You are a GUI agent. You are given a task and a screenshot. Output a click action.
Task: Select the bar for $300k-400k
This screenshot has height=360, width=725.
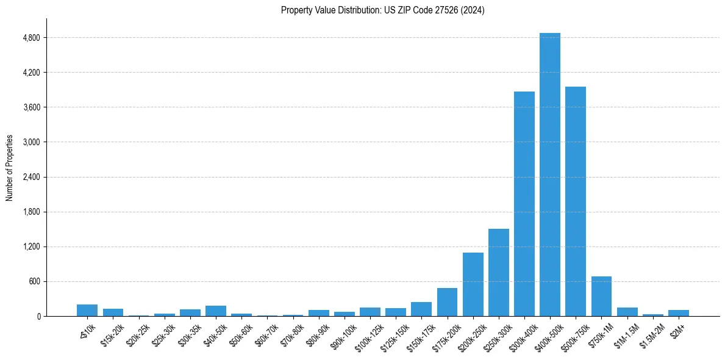coord(524,204)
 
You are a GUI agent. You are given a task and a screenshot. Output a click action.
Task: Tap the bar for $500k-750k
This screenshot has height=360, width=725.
coord(575,201)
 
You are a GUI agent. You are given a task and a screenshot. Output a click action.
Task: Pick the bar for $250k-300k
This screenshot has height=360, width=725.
coord(498,272)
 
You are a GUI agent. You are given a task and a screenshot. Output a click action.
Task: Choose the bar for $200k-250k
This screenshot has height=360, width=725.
coord(473,284)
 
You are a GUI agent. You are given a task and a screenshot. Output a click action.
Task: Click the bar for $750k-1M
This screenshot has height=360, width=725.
coord(601,297)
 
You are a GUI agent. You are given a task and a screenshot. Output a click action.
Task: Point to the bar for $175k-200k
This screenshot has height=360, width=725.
coord(447,302)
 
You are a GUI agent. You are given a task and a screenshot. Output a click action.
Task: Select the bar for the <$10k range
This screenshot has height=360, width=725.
coord(87,310)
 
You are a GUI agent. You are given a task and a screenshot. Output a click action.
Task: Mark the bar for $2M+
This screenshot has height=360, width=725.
coord(678,313)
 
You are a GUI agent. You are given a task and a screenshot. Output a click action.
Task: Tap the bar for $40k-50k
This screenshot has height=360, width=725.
coord(215,311)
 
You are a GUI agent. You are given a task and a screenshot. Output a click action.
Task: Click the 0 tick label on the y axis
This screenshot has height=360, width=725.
coord(38,317)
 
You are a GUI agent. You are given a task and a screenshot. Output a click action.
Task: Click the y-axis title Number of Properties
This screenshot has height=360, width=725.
coord(10,168)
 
